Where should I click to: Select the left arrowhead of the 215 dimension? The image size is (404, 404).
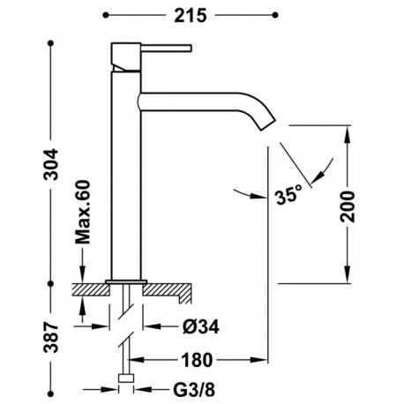pos(108,15)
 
